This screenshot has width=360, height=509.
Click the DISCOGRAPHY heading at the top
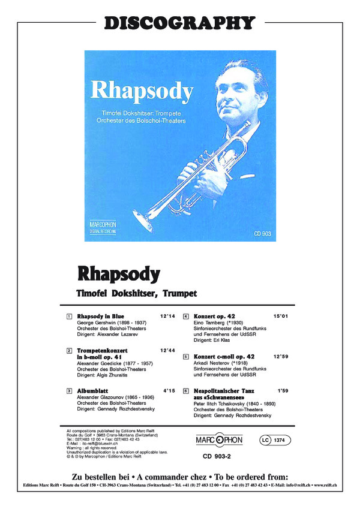(180, 23)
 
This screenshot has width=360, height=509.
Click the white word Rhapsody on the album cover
(142, 91)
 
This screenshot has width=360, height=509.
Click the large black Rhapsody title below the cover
(119, 273)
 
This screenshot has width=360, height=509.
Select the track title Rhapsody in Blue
(101, 316)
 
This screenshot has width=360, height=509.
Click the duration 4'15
(169, 391)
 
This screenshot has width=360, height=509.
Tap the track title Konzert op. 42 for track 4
(214, 316)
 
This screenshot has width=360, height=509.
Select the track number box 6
(187, 391)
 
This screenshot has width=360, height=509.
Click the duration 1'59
(283, 391)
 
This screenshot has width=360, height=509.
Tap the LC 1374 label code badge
(276, 441)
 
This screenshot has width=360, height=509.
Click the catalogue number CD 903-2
(218, 457)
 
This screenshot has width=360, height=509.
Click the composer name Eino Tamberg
(209, 323)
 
